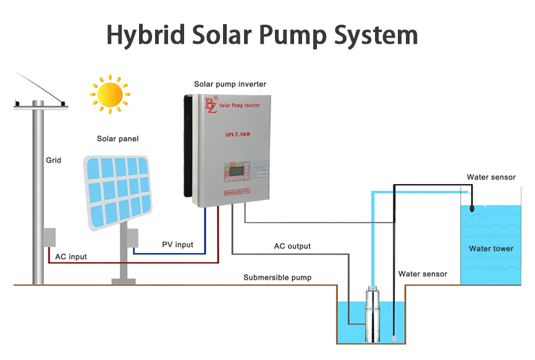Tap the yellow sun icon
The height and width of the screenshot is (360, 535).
pyautogui.click(x=109, y=94)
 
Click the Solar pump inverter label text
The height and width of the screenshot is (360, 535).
pyautogui.click(x=230, y=84)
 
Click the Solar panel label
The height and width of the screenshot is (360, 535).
pyautogui.click(x=117, y=139)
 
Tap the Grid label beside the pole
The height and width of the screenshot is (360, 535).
pyautogui.click(x=54, y=160)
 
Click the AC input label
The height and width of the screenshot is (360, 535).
pyautogui.click(x=71, y=257)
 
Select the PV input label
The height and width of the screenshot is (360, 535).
pyautogui.click(x=177, y=245)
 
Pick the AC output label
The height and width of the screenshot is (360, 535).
pyautogui.click(x=292, y=246)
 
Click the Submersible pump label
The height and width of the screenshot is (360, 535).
pyautogui.click(x=277, y=278)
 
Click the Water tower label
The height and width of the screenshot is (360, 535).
pyautogui.click(x=491, y=249)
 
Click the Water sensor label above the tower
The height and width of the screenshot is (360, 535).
pyautogui.click(x=491, y=177)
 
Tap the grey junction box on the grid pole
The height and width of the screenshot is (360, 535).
pyautogui.click(x=49, y=237)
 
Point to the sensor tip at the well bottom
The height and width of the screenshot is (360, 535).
pyautogui.click(x=394, y=338)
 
